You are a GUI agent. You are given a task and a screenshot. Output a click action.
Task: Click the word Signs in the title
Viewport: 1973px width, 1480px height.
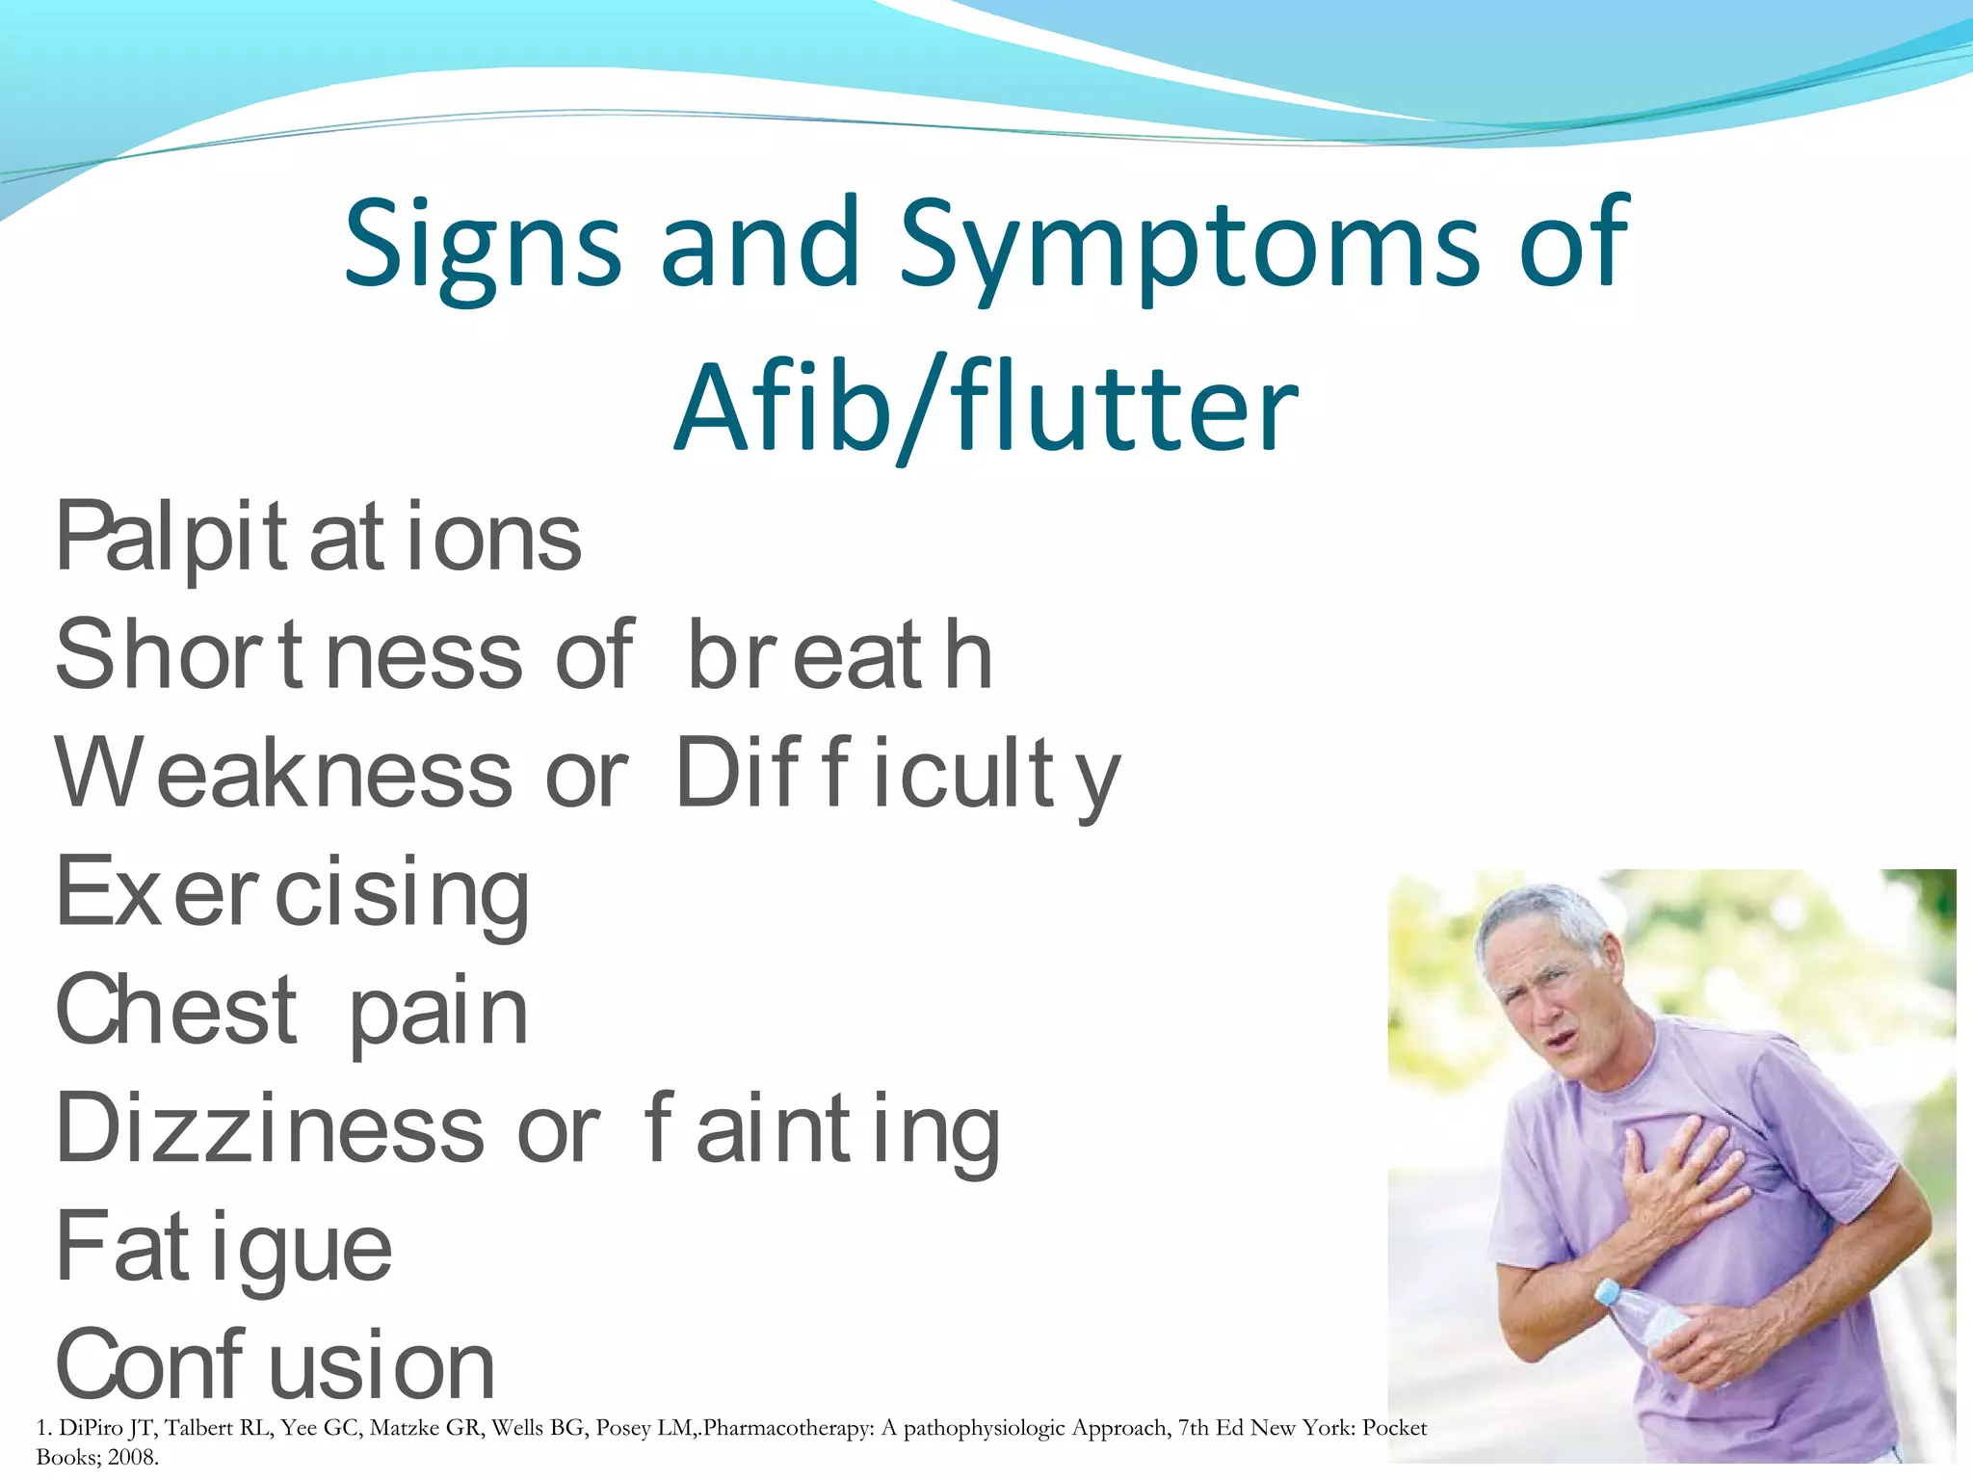click(x=482, y=246)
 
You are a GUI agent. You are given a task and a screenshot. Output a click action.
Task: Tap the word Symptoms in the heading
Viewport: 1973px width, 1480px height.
click(x=1188, y=246)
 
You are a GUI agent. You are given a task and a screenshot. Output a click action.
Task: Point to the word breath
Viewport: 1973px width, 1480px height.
click(x=839, y=656)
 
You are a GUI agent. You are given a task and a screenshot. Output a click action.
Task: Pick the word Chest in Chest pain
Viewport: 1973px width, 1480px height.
click(x=177, y=1010)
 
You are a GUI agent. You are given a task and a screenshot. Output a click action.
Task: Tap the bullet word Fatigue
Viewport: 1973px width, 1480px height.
click(x=224, y=1249)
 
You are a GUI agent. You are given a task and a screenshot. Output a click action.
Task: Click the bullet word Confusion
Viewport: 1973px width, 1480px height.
click(x=276, y=1365)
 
